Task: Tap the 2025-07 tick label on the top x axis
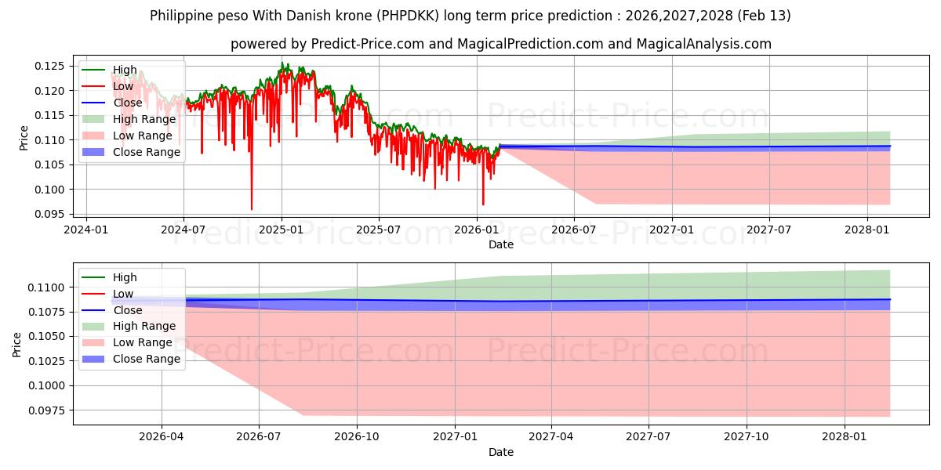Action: coord(379,230)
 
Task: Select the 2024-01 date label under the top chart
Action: coord(85,230)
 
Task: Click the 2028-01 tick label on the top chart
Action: coord(867,230)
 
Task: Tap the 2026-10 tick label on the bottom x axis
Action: coord(357,438)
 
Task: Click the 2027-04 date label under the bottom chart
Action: coord(551,438)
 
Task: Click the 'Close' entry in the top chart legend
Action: coord(128,103)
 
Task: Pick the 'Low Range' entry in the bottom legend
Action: coord(143,342)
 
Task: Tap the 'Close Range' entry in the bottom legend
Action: coord(147,359)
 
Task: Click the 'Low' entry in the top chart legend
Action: coord(123,86)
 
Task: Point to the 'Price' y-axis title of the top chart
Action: coord(24,138)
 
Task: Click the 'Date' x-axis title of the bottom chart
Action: coord(501,452)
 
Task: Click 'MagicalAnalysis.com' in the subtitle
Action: coord(706,44)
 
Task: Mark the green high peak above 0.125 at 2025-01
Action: coord(282,63)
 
